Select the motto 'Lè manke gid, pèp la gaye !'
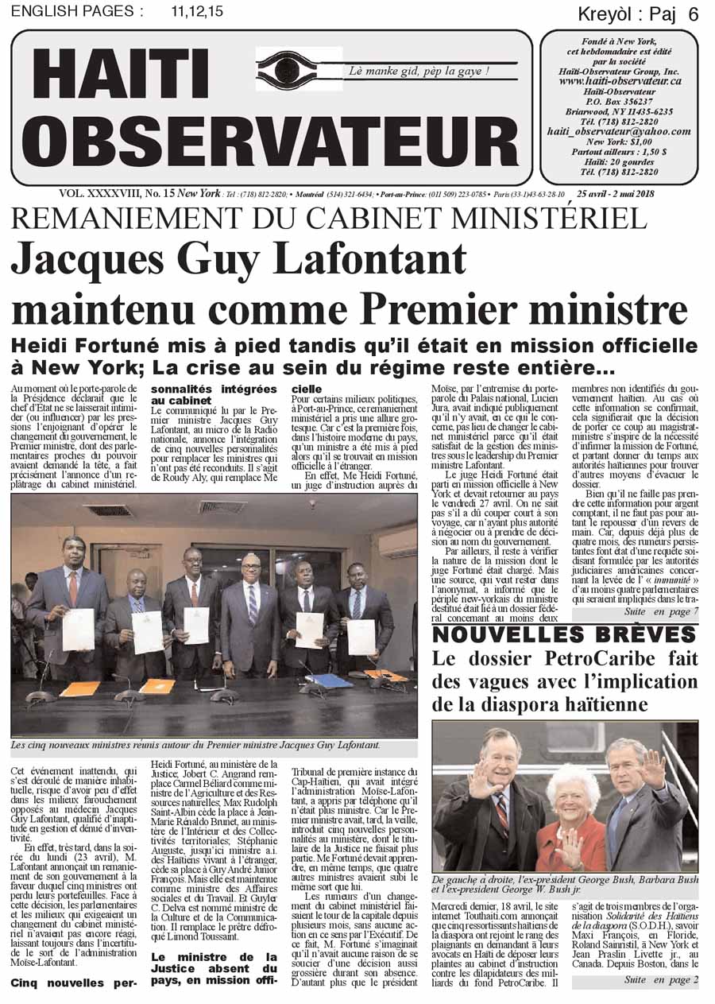pyautogui.click(x=419, y=72)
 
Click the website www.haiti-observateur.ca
pyautogui.click(x=620, y=80)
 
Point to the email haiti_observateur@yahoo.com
pyautogui.click(x=619, y=131)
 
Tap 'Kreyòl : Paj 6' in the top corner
pyautogui.click(x=637, y=14)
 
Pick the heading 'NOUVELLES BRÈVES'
pyautogui.click(x=564, y=634)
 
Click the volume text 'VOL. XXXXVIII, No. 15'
pyautogui.click(x=116, y=194)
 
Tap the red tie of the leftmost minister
pyautogui.click(x=73, y=587)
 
